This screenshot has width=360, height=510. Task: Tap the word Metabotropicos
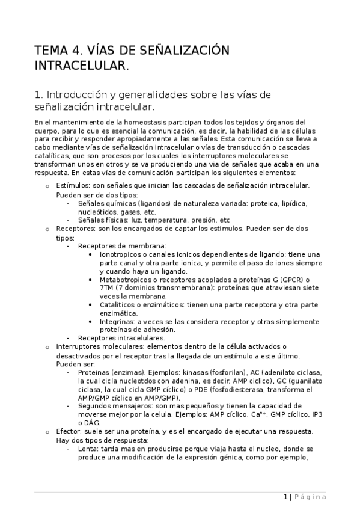click(126, 279)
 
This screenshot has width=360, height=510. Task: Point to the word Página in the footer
click(310, 497)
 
